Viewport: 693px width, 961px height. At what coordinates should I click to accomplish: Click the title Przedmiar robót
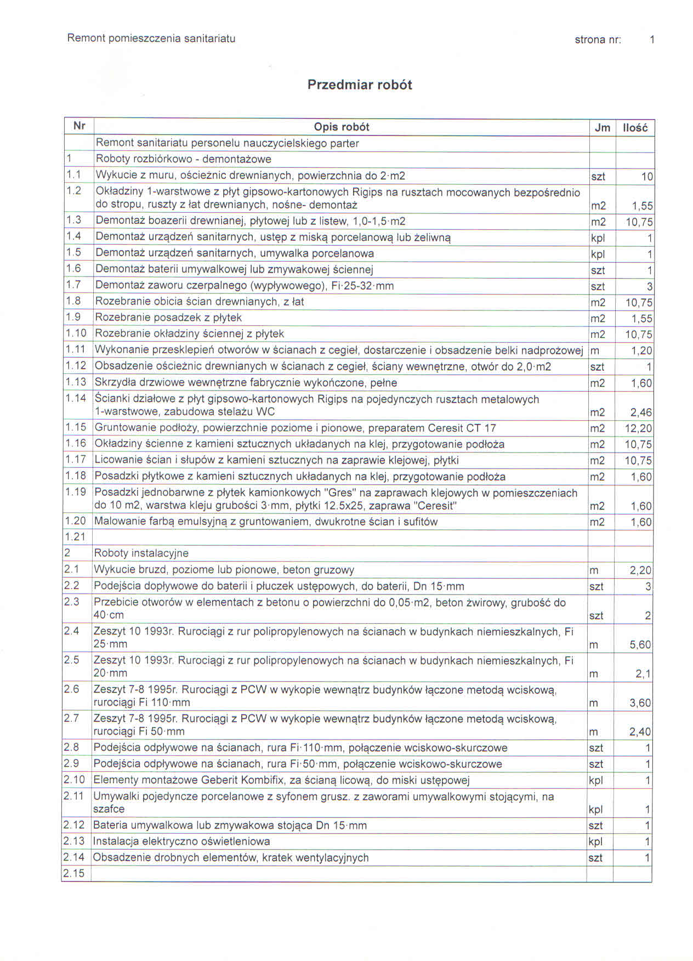click(x=359, y=85)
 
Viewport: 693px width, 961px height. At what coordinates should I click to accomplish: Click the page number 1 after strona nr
click(x=651, y=39)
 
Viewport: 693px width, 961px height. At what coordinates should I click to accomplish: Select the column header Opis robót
click(x=341, y=127)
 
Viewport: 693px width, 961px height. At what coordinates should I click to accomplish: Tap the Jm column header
click(x=602, y=128)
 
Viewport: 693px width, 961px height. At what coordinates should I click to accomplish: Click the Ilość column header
click(x=635, y=128)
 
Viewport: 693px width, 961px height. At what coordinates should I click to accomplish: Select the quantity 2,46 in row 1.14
click(x=641, y=412)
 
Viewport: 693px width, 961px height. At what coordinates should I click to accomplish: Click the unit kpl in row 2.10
click(x=595, y=780)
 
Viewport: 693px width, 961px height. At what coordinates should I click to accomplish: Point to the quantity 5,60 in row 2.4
click(x=640, y=645)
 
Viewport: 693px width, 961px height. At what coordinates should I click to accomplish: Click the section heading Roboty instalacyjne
click(x=141, y=553)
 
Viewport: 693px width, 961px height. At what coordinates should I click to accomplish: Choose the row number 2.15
click(x=74, y=873)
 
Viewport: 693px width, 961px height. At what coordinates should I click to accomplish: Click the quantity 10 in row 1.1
click(x=646, y=177)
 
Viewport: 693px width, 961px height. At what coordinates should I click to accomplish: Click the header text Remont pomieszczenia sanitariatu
click(x=151, y=38)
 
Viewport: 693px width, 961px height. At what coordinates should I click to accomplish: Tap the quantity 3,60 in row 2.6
click(x=640, y=703)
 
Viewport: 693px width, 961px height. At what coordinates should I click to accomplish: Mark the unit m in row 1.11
click(x=594, y=351)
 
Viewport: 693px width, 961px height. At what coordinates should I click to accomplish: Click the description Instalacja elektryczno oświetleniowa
click(x=181, y=841)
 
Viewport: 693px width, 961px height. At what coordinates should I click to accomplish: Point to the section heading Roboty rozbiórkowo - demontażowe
click(x=183, y=160)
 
